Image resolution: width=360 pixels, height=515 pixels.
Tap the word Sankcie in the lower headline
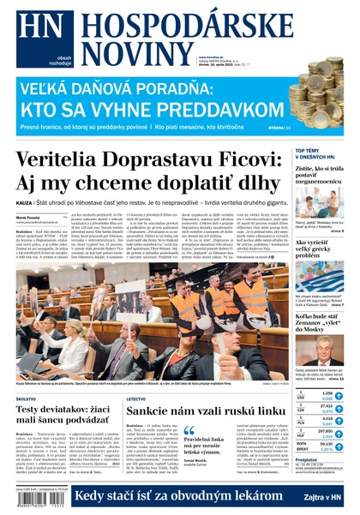pos(155,412)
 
